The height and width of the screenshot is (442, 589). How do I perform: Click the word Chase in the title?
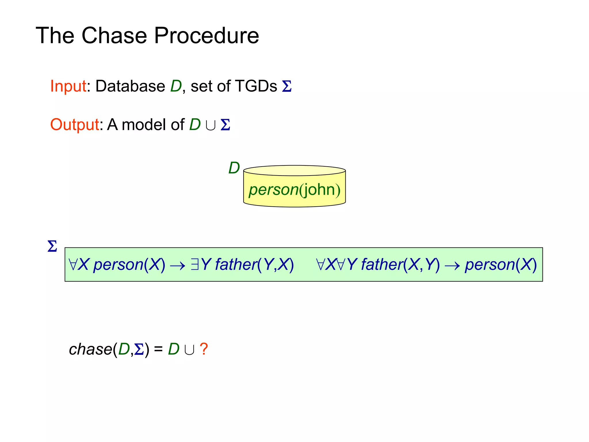click(114, 35)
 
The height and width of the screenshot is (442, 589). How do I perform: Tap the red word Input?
click(68, 86)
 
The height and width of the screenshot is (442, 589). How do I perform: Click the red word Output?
click(75, 125)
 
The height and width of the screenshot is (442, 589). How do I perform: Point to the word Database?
click(130, 86)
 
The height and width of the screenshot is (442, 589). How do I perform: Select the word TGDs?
click(256, 86)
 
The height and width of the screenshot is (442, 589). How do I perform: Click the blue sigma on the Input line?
click(287, 86)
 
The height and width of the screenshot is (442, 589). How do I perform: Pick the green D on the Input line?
click(176, 86)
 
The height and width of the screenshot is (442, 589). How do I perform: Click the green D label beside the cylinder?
click(234, 168)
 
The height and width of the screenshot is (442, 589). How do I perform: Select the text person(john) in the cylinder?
click(294, 190)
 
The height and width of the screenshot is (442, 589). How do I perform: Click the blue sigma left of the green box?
click(52, 246)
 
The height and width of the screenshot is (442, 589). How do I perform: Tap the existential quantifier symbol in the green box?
click(195, 264)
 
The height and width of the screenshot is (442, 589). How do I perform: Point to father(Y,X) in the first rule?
click(254, 264)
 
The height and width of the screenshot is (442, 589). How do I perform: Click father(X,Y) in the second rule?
click(400, 264)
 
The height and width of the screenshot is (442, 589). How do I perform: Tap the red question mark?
click(204, 349)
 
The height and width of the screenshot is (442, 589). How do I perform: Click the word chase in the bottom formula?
click(90, 349)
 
